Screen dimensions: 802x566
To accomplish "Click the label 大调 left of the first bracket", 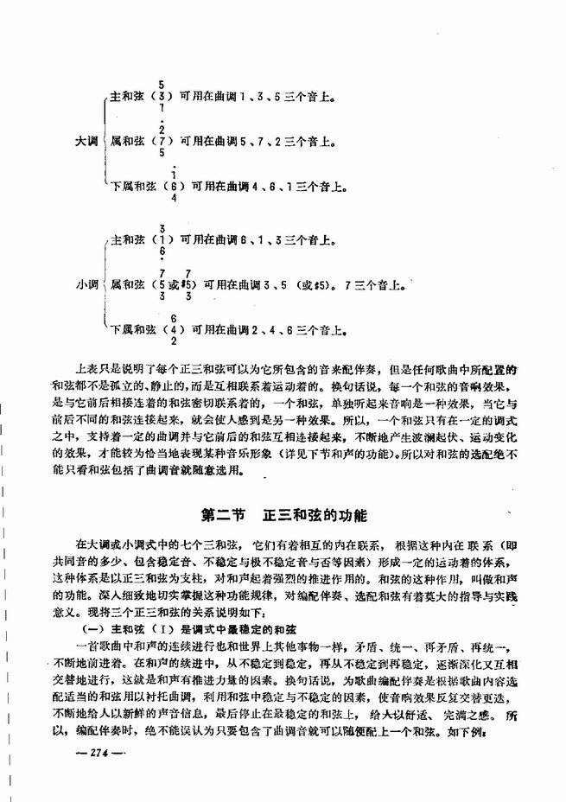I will point(86,138).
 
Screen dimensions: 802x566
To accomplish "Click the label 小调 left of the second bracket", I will point(86,282).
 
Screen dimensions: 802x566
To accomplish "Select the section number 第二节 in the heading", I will point(226,516).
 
